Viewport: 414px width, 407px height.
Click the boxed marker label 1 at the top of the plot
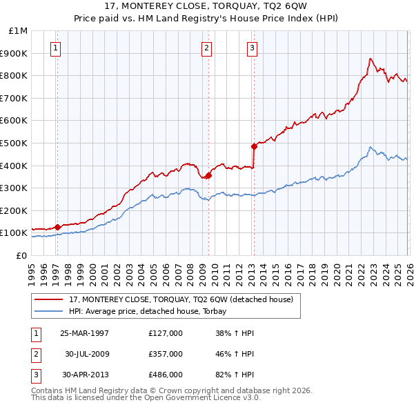(x=55, y=48)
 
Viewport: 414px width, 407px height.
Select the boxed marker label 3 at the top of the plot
(x=253, y=48)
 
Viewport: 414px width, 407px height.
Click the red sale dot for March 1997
(x=59, y=226)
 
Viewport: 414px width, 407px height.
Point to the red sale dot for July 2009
(x=208, y=175)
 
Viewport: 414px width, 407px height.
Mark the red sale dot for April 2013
(x=254, y=146)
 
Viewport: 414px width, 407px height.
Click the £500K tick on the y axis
(x=14, y=143)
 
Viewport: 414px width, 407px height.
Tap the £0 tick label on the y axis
(x=21, y=255)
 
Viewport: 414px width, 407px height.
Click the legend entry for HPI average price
(x=152, y=311)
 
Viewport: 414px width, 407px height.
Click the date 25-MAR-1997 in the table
(x=84, y=333)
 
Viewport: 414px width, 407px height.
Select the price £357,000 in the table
(x=165, y=354)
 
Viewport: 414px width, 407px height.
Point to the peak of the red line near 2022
(x=371, y=59)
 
